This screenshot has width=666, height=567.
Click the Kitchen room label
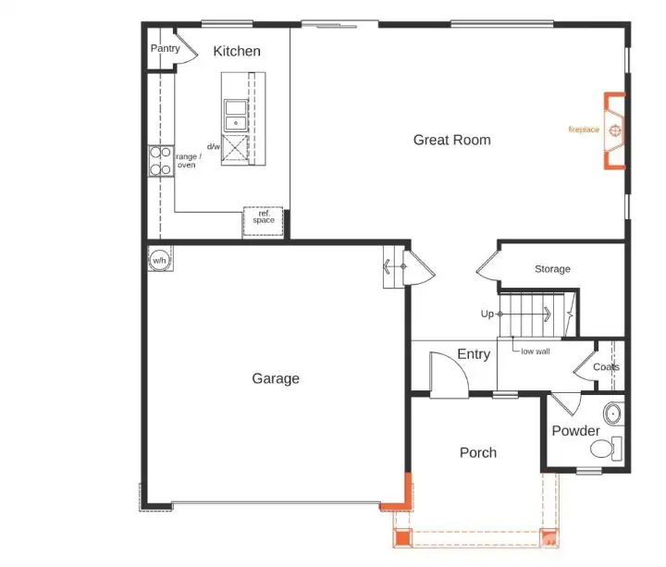coord(237,52)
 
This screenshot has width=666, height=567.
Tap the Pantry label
coord(165,48)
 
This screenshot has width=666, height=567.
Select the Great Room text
coord(451,140)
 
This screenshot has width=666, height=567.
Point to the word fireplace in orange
coord(584,130)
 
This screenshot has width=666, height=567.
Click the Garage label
coord(276,378)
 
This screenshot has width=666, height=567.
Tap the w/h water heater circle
coord(159,259)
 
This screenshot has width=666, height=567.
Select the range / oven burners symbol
coord(159,162)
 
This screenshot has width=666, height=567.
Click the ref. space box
coord(263,217)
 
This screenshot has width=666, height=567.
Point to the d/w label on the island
coord(213,146)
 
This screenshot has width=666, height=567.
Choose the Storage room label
coord(552,269)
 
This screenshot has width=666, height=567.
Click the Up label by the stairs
coord(487,314)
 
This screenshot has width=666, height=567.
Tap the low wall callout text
coord(536,351)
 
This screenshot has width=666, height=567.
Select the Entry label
coord(474,355)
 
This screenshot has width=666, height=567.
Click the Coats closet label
coord(606,367)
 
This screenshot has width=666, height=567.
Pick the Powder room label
coord(575,431)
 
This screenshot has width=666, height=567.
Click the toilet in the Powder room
coord(606,450)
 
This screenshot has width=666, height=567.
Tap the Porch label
coord(477,452)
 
